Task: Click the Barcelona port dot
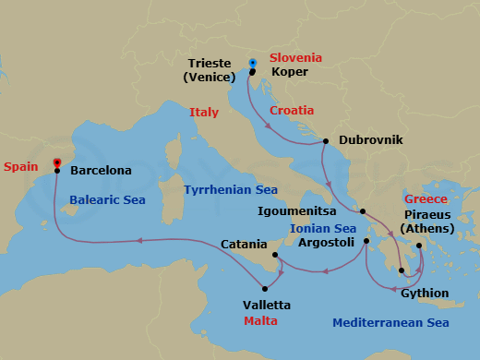(x=57, y=171)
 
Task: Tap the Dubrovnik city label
(x=371, y=141)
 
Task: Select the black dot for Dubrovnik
(x=325, y=141)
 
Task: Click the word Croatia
(x=292, y=110)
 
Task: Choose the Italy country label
(x=204, y=112)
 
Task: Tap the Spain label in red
(x=20, y=167)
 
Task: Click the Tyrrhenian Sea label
(x=230, y=189)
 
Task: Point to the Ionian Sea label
(x=323, y=228)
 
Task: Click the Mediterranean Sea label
(x=390, y=323)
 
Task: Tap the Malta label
(x=260, y=321)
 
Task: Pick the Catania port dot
(x=276, y=255)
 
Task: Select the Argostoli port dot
(x=366, y=242)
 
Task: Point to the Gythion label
(x=426, y=294)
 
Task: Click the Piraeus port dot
(x=419, y=246)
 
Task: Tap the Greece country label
(x=426, y=199)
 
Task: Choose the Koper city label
(x=290, y=71)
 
